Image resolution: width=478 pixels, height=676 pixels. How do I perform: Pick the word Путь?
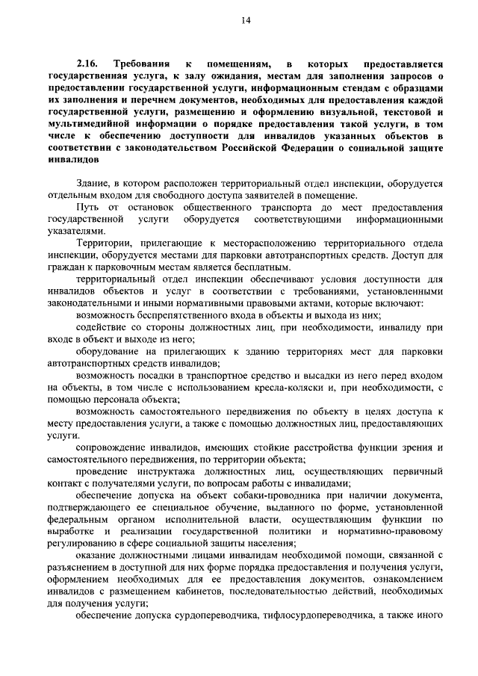tap(88, 206)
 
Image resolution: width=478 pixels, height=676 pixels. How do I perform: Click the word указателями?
tap(73, 232)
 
